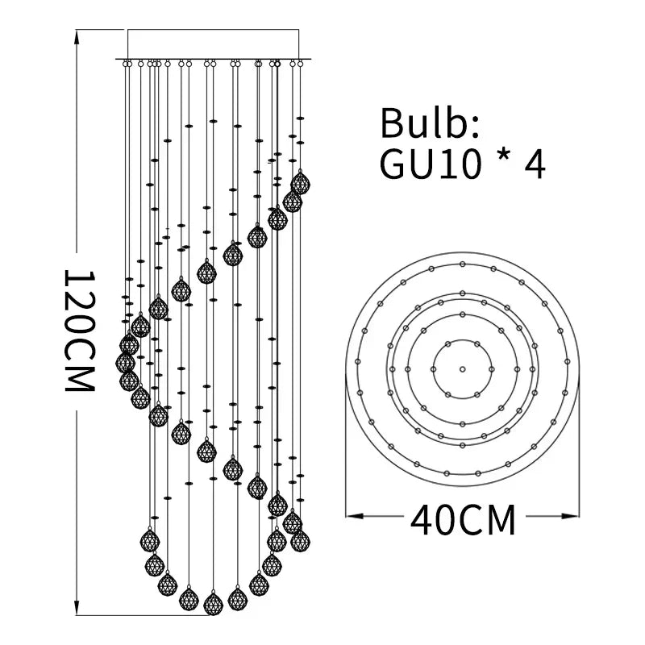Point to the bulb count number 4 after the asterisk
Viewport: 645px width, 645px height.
[535, 164]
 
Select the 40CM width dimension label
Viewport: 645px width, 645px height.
[463, 521]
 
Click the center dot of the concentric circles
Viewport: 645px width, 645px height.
[463, 369]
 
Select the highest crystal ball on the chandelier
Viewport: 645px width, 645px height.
[300, 184]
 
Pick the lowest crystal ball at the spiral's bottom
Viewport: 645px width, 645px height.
[213, 603]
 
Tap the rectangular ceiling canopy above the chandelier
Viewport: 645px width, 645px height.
[214, 44]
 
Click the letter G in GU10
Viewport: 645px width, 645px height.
[394, 164]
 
